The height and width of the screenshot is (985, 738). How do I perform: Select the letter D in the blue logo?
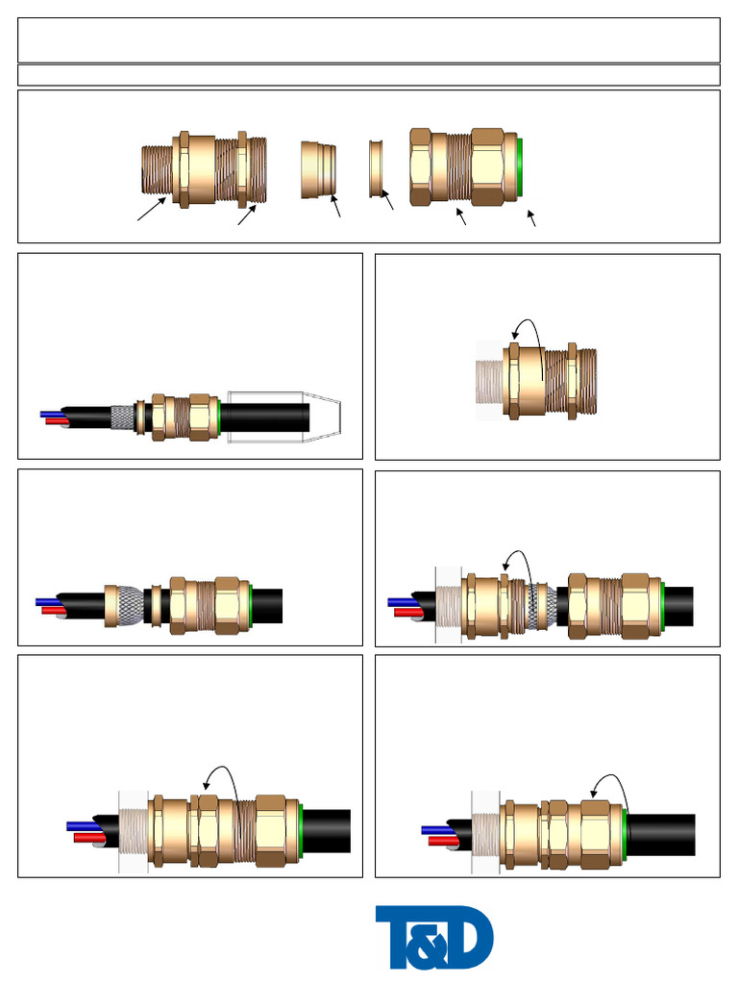point(471,939)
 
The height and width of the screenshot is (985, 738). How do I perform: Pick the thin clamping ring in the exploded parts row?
point(377,168)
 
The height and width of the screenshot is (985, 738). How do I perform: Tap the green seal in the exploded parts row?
point(520,169)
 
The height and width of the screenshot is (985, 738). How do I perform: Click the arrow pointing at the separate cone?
point(336,206)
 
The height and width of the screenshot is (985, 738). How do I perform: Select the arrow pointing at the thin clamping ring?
point(388,201)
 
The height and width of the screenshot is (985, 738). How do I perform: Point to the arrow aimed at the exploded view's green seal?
point(532,218)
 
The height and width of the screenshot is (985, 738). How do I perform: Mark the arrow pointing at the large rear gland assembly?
point(460,216)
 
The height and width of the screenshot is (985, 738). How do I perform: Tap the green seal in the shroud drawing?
point(222,417)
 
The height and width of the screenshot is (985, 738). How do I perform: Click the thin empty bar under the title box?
point(369,75)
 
